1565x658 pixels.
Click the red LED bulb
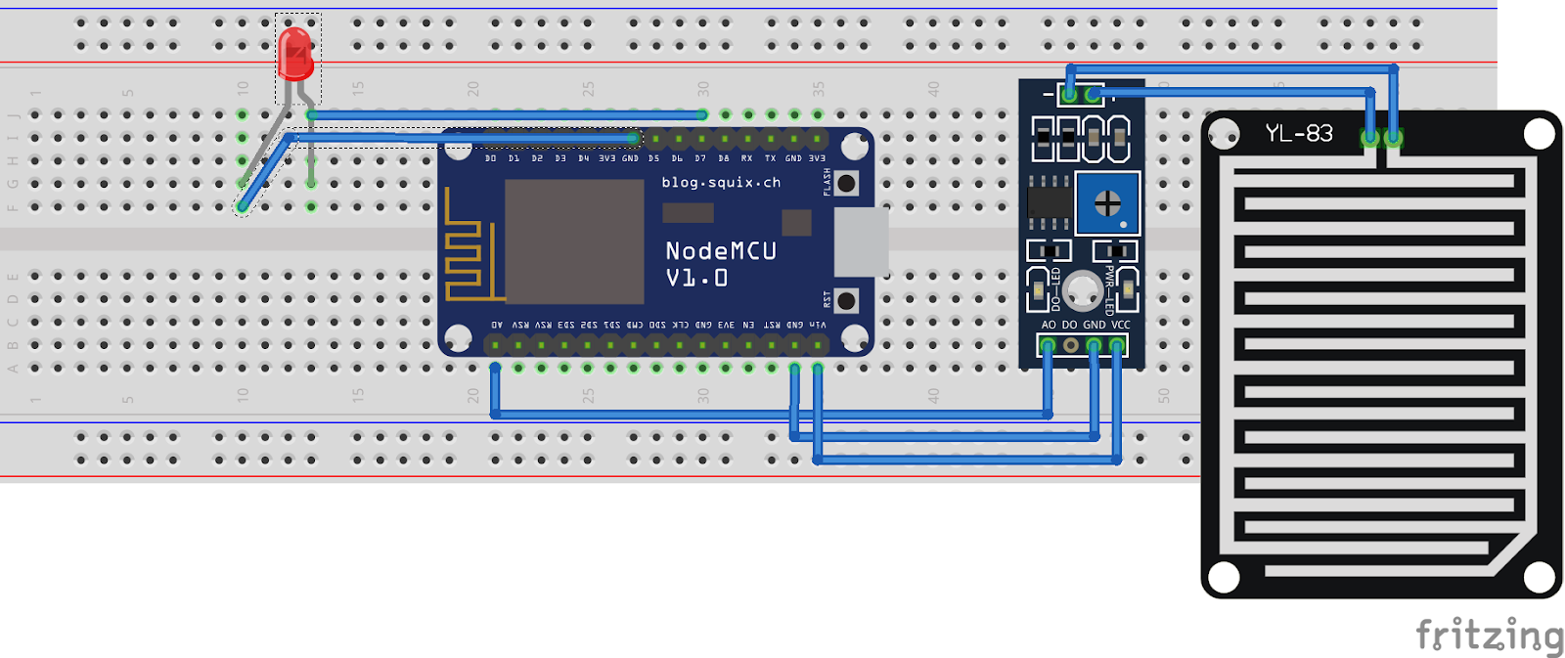pos(295,53)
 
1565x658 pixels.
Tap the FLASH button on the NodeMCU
pos(847,183)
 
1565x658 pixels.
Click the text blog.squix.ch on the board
pos(721,182)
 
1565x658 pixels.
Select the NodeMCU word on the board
pos(721,251)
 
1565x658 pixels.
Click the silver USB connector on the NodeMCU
pos(861,241)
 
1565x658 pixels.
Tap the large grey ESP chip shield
pos(574,241)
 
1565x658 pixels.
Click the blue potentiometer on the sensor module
pos(1107,203)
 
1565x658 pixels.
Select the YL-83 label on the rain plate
pos(1298,133)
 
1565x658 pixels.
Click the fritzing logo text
pos(1489,636)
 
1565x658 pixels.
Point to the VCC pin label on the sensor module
pos(1121,325)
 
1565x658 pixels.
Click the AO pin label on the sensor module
pos(1049,325)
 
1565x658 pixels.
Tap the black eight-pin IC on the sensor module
pos(1049,202)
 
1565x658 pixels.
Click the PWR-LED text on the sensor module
pos(1109,289)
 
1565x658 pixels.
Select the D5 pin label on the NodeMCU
pos(653,158)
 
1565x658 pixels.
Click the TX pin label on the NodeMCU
pos(770,158)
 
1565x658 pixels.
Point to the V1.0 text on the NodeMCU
pos(696,279)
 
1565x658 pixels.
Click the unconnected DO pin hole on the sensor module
pos(1071,345)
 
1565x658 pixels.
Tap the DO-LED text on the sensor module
pos(1055,289)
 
